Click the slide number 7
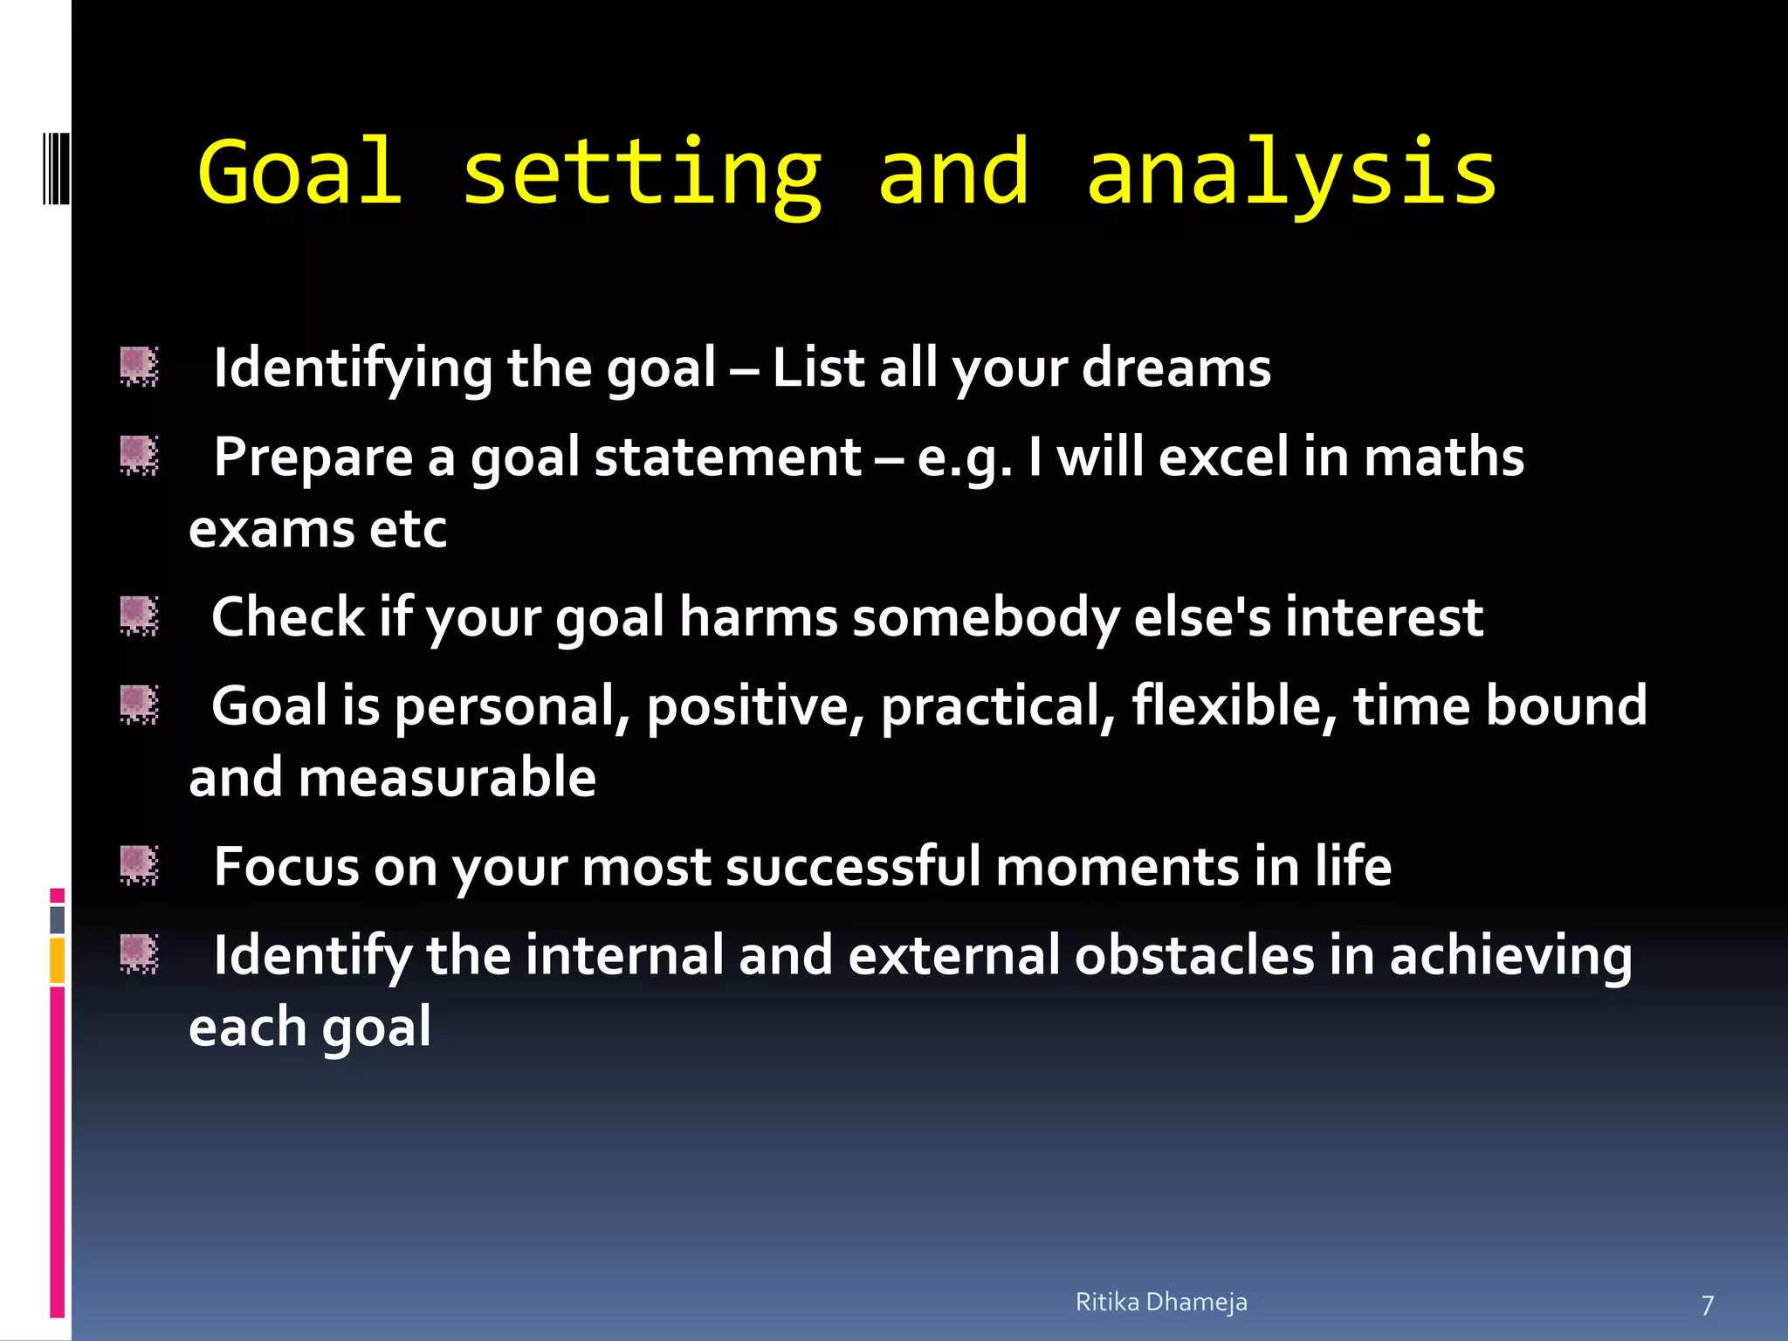[1708, 1305]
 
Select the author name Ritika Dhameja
[1161, 1302]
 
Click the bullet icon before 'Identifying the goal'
[139, 366]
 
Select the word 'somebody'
[986, 617]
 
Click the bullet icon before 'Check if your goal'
[139, 615]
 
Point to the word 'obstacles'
[1193, 955]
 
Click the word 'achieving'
[1510, 955]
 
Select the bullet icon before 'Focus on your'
[139, 865]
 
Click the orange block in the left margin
[57, 960]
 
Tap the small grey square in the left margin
[57, 919]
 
